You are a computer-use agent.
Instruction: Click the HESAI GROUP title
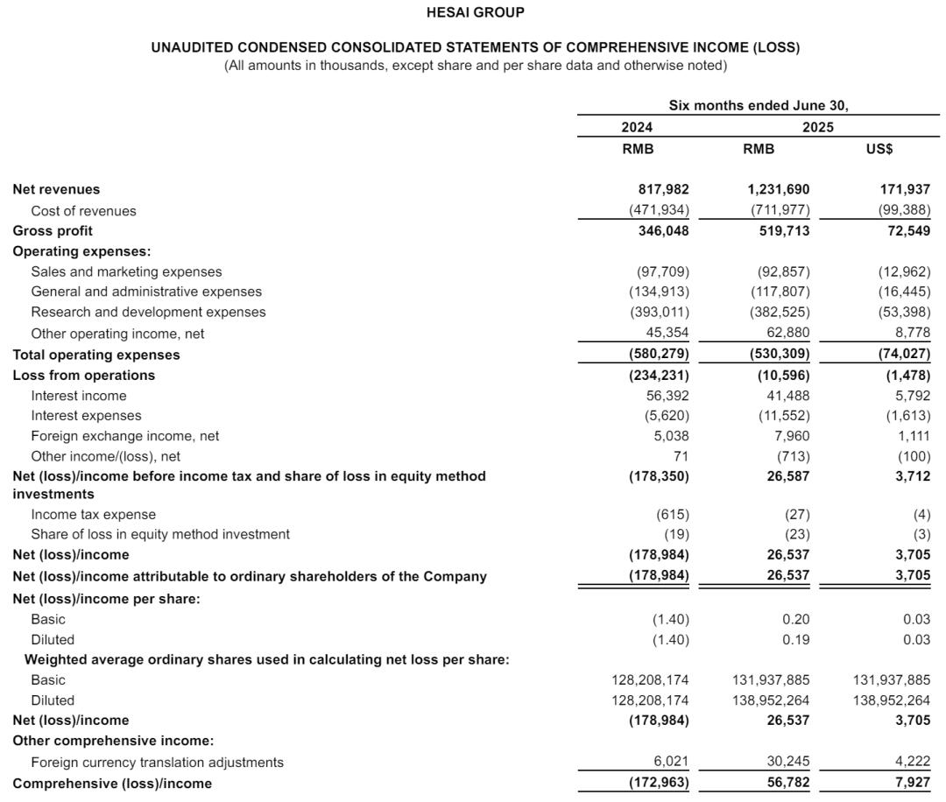[475, 12]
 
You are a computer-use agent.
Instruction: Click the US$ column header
[879, 149]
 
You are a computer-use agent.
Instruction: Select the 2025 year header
[818, 128]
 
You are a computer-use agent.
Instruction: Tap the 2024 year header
[637, 128]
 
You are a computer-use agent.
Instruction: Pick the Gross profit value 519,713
[783, 231]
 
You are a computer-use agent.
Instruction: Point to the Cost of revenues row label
[83, 211]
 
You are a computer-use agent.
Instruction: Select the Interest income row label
[78, 396]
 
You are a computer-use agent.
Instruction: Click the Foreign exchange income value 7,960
[791, 436]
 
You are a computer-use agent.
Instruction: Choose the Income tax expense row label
[93, 515]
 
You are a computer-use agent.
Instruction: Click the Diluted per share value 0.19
[796, 640]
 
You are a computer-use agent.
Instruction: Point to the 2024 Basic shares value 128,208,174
[650, 680]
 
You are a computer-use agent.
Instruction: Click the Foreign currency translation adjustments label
[157, 763]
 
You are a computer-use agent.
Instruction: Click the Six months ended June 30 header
[759, 106]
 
